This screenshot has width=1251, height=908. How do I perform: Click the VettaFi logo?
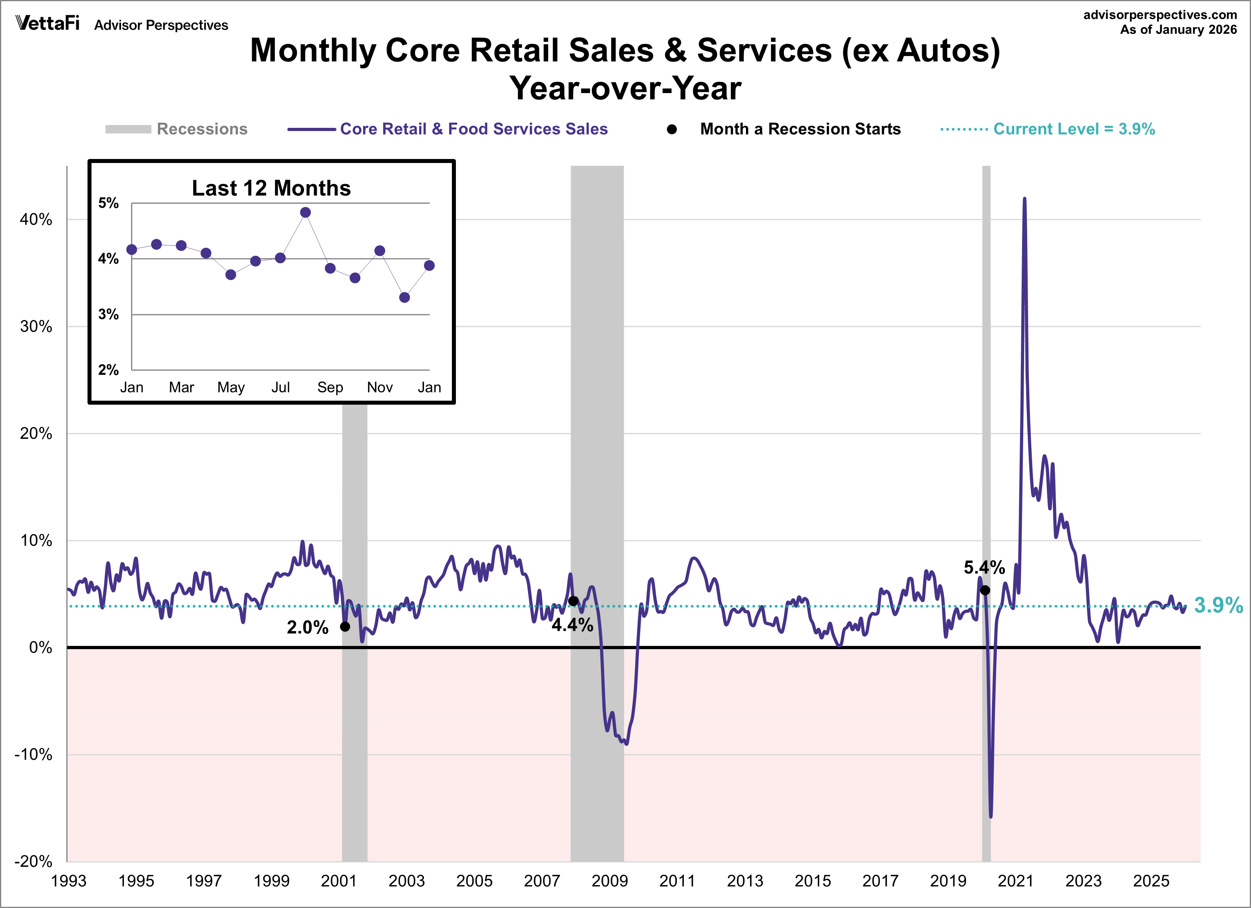coord(48,23)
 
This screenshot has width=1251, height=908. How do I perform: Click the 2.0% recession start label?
coord(307,627)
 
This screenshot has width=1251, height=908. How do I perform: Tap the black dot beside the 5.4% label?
coord(985,590)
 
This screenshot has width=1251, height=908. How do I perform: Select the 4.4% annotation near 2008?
coord(572,625)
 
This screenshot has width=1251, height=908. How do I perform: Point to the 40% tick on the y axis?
coord(36,220)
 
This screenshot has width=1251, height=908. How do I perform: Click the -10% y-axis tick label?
coord(33,755)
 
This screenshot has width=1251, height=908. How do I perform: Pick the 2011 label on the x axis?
coord(677,881)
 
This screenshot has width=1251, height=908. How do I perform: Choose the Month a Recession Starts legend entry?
coord(800,129)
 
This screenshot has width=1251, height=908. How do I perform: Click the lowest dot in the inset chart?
coord(404,297)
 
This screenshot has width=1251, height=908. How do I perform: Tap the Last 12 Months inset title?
coord(271,189)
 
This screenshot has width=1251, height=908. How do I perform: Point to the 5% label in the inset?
coord(109,203)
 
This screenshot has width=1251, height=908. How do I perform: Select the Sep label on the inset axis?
coord(330,387)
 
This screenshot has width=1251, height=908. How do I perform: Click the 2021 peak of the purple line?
coord(1024,199)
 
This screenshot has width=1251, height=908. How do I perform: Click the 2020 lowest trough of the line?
coord(990,817)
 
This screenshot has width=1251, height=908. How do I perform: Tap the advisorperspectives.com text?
coord(1160,15)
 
